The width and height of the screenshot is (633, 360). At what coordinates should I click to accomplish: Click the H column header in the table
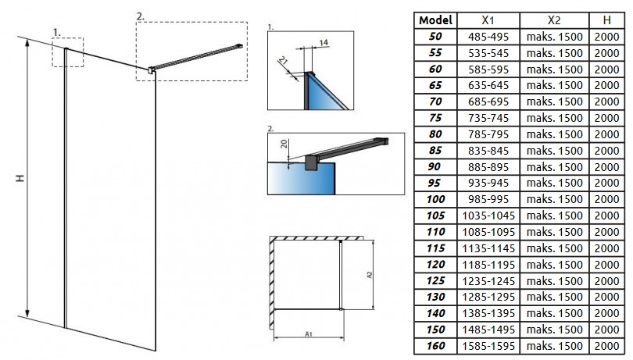pyautogui.click(x=609, y=20)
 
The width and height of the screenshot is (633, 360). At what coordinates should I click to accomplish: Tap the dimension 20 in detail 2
pyautogui.click(x=285, y=144)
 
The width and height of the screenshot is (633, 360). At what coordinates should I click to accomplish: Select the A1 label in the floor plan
pyautogui.click(x=309, y=334)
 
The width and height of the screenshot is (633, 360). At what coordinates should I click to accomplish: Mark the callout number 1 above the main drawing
pyautogui.click(x=56, y=32)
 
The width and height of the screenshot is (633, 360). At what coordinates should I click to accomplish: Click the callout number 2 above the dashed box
pyautogui.click(x=141, y=15)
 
